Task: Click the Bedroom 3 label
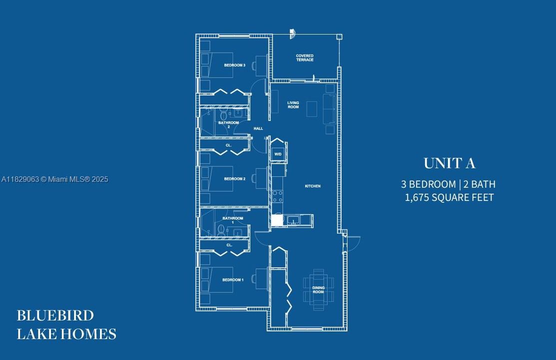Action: click(x=234, y=65)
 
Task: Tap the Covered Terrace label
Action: click(x=305, y=58)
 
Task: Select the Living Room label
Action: click(x=293, y=104)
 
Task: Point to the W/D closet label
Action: click(x=278, y=154)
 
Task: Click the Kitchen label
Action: click(x=313, y=186)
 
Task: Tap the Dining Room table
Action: click(x=318, y=289)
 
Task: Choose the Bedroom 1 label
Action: click(x=233, y=280)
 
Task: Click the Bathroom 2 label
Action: click(x=229, y=124)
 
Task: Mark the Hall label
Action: click(x=258, y=128)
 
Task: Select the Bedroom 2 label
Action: click(x=235, y=179)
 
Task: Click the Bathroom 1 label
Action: click(x=233, y=220)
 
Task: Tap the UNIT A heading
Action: click(x=449, y=163)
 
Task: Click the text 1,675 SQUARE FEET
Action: click(x=449, y=198)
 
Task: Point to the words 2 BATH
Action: click(x=480, y=184)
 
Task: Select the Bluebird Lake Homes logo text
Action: click(x=66, y=325)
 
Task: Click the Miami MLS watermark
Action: click(x=54, y=179)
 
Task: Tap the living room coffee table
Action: click(x=312, y=108)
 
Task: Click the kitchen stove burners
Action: click(x=278, y=196)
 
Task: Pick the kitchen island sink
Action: click(x=293, y=220)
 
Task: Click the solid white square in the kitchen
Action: click(x=277, y=220)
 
